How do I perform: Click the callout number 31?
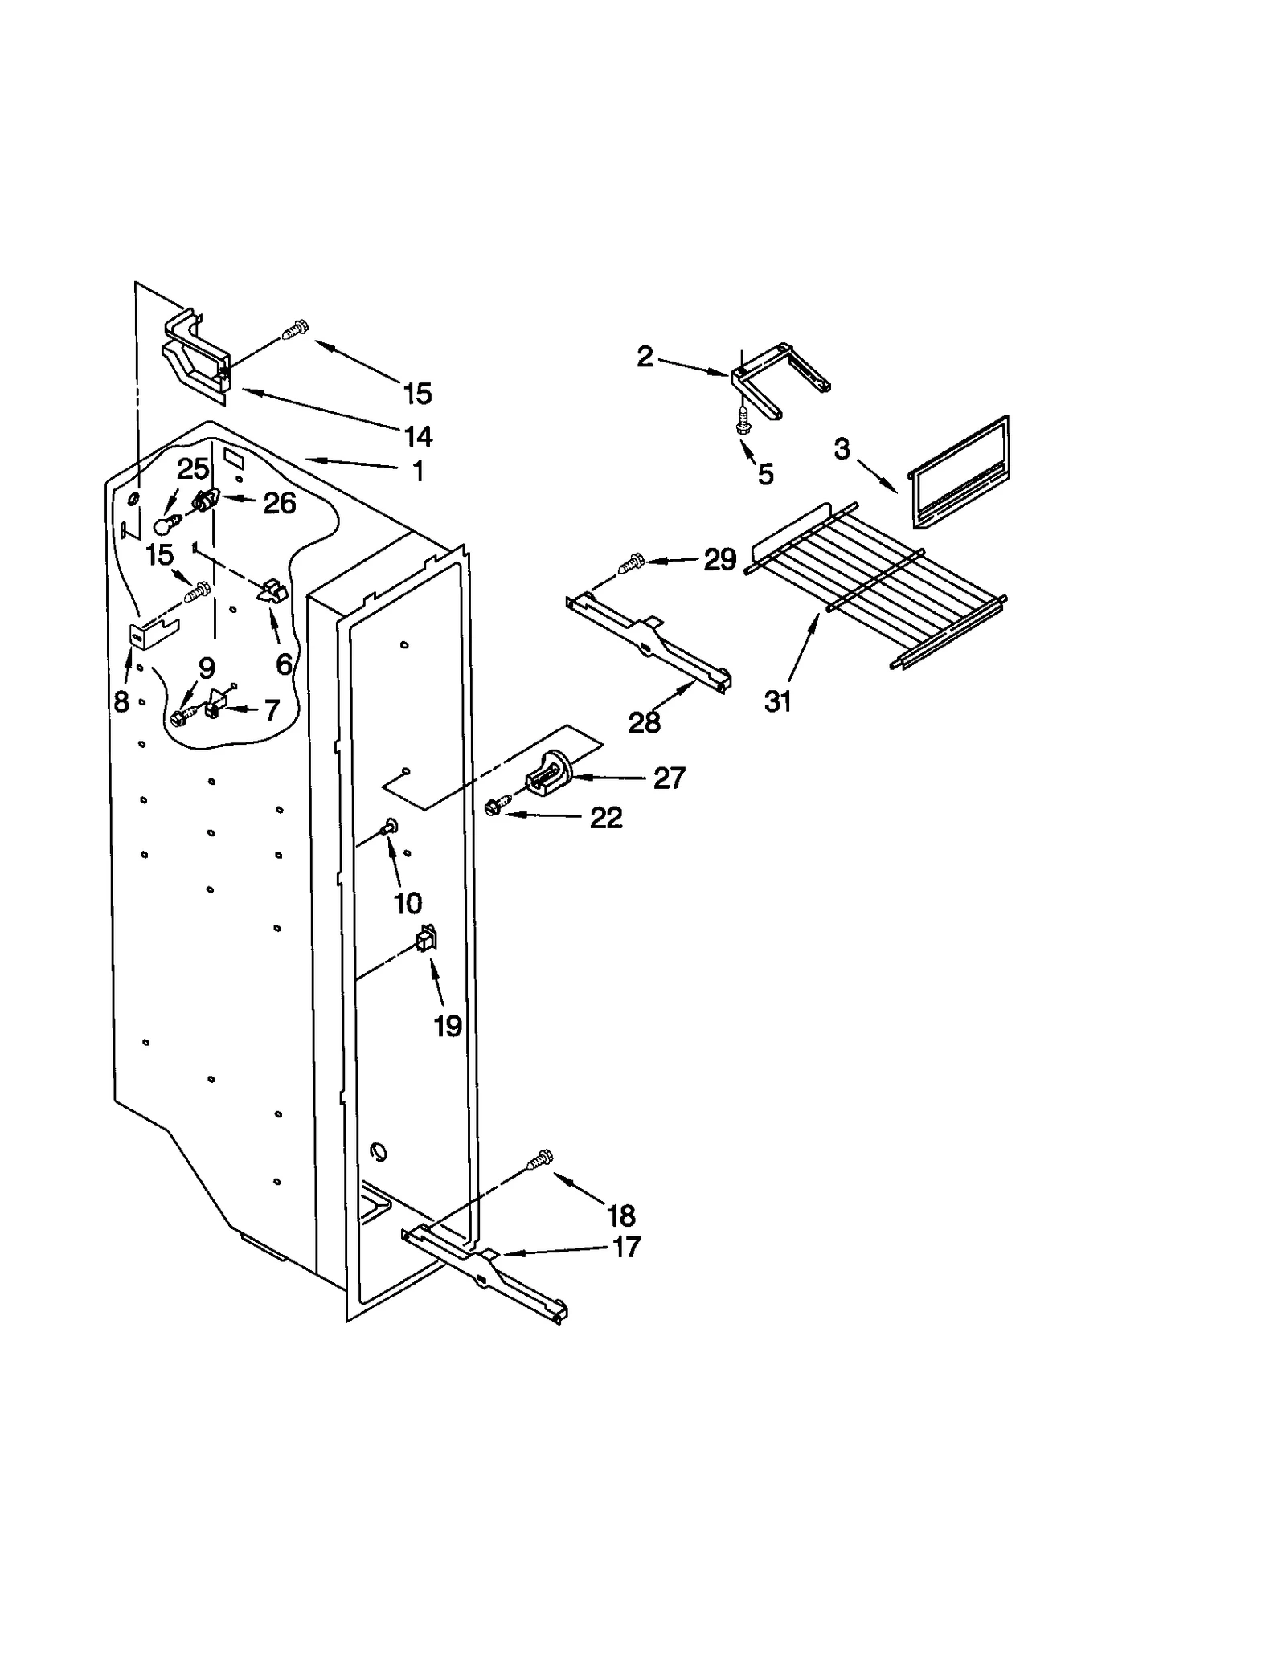tap(777, 701)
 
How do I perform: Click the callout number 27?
tap(669, 778)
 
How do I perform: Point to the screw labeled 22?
tap(499, 807)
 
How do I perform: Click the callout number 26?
tap(280, 503)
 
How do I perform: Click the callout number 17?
tap(626, 1247)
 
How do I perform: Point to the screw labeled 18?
tap(539, 1160)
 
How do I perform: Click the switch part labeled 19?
tap(425, 938)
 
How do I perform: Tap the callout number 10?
tap(408, 903)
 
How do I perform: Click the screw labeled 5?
tap(743, 420)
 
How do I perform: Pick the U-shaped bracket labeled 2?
tap(776, 378)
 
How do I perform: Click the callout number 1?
tap(418, 471)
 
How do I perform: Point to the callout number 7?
tap(272, 710)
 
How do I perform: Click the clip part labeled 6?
tap(272, 592)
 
